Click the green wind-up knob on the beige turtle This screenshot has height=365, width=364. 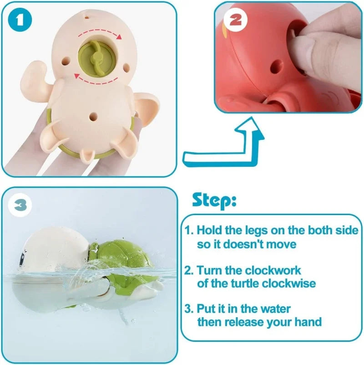(x=96, y=56)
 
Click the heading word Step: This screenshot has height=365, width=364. (x=214, y=200)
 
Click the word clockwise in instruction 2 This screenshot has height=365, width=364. (x=288, y=283)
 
